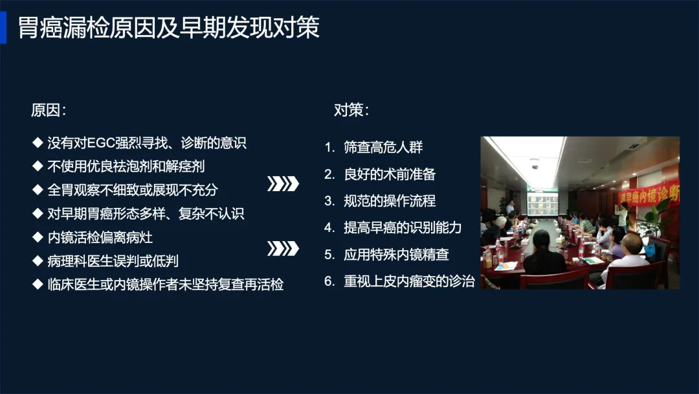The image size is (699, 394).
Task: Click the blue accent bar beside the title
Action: pos(3,27)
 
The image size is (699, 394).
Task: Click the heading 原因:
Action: pos(49,110)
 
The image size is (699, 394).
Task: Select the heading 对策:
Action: pos(351,110)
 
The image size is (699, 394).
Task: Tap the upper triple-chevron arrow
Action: pos(283,184)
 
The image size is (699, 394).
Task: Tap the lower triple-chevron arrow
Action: pos(283,249)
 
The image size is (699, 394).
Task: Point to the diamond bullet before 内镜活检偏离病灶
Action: pos(38,237)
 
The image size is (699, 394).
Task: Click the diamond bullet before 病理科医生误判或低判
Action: pos(38,261)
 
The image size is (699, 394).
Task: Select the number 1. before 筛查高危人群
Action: pos(330,147)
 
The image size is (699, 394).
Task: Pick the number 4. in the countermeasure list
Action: pos(330,227)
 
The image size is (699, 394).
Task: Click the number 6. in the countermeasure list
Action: pos(330,281)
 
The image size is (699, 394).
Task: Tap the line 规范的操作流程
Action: pos(390,201)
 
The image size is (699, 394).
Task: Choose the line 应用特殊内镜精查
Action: pos(396,254)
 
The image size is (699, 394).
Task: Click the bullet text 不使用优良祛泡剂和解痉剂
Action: pos(126,167)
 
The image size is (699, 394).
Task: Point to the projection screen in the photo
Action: pos(542,204)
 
